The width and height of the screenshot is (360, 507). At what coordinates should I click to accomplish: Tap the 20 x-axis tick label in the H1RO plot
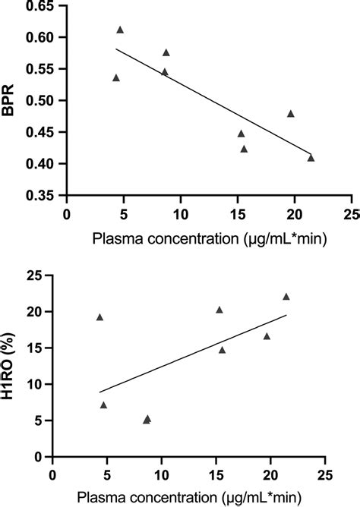click(270, 474)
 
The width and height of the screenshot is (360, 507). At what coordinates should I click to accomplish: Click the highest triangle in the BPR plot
click(120, 30)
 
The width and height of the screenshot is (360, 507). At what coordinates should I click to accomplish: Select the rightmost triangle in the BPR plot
click(311, 158)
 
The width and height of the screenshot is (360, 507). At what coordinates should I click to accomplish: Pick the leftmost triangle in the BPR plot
click(116, 77)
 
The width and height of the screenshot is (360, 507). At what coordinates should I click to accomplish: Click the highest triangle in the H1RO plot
click(286, 297)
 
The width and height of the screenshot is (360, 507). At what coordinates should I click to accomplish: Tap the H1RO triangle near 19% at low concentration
click(99, 317)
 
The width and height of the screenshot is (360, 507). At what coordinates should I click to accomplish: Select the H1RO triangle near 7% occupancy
click(103, 405)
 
